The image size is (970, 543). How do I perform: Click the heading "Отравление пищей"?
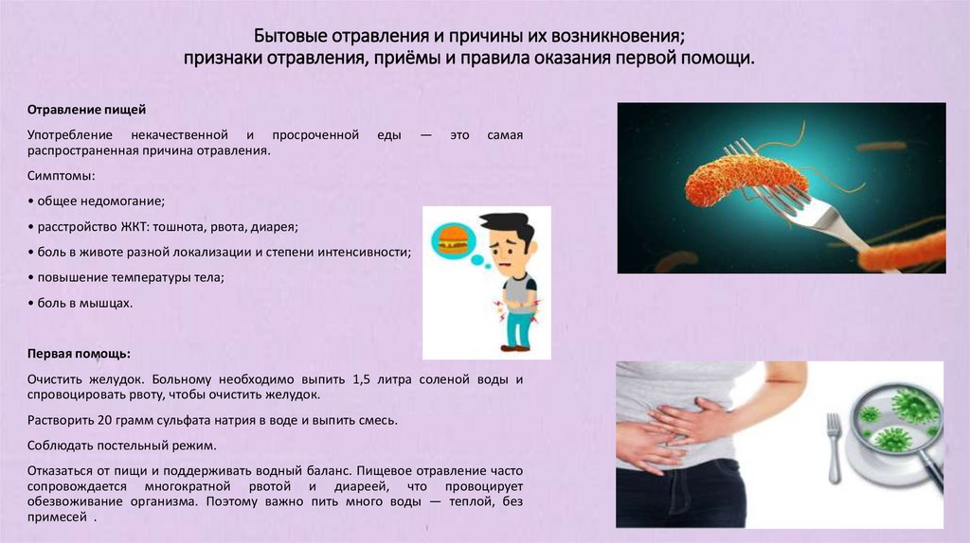pyautogui.click(x=86, y=111)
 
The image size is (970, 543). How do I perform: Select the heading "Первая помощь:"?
pyautogui.click(x=80, y=354)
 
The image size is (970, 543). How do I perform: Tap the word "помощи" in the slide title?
pyautogui.click(x=719, y=59)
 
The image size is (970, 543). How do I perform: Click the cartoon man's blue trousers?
pyautogui.click(x=516, y=326)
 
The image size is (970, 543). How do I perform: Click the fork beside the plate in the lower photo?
pyautogui.click(x=834, y=445)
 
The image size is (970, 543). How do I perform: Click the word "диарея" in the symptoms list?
pyautogui.click(x=276, y=227)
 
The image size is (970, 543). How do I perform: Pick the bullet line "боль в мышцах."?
pyautogui.click(x=80, y=304)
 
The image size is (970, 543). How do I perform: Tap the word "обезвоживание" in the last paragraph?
pyautogui.click(x=73, y=503)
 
